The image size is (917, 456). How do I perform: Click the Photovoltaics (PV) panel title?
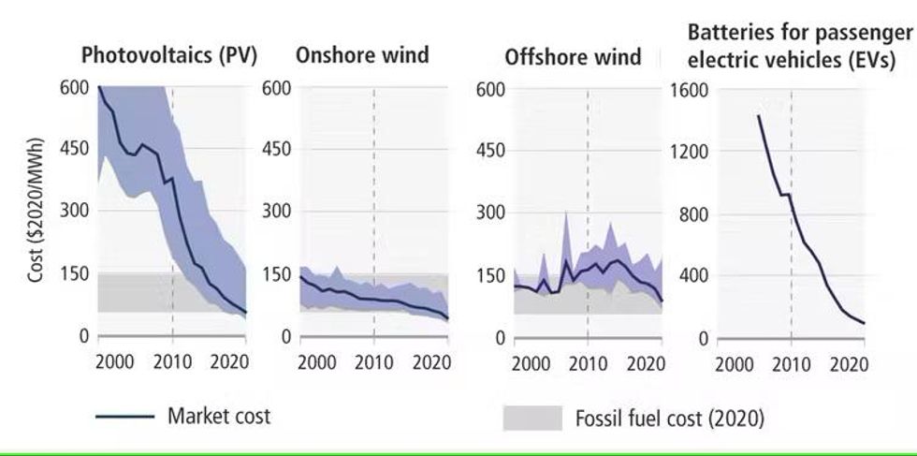pyautogui.click(x=169, y=55)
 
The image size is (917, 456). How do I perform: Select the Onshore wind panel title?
pyautogui.click(x=362, y=55)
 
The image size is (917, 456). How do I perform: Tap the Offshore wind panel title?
pyautogui.click(x=573, y=57)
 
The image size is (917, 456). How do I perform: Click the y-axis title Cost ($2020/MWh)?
pyautogui.click(x=36, y=211)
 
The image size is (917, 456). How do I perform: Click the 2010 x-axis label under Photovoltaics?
pyautogui.click(x=172, y=361)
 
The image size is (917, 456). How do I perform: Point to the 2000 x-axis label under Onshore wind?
pyautogui.click(x=317, y=361)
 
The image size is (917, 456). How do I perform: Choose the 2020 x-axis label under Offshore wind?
pyautogui.click(x=645, y=363)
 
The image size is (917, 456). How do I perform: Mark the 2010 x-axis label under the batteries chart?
pyautogui.click(x=792, y=364)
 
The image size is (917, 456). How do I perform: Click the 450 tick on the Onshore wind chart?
pyautogui.click(x=276, y=149)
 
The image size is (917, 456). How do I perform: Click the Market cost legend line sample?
pyautogui.click(x=125, y=417)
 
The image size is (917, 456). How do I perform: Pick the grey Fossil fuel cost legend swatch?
pyautogui.click(x=532, y=418)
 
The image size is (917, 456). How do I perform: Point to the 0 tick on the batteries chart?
pyautogui.click(x=703, y=339)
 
